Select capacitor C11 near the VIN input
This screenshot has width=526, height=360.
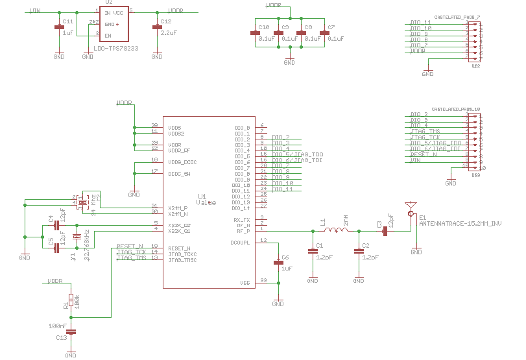tap(58, 27)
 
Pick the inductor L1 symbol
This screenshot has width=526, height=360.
tap(335, 230)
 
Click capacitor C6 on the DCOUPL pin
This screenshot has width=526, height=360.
tap(278, 261)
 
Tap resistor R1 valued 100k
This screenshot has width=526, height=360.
tap(71, 301)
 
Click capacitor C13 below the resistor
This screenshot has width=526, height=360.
tap(71, 331)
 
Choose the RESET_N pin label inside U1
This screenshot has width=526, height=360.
tap(180, 248)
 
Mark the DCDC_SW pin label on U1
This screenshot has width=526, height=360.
tap(179, 174)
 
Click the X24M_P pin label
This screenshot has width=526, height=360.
tap(178, 208)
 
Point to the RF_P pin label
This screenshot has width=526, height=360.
tap(243, 230)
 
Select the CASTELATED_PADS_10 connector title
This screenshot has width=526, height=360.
tap(456, 109)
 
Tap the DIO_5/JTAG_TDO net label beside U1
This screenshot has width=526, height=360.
tap(298, 155)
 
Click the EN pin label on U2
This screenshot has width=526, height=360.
tap(108, 36)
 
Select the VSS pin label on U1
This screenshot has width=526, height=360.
tap(245, 283)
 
